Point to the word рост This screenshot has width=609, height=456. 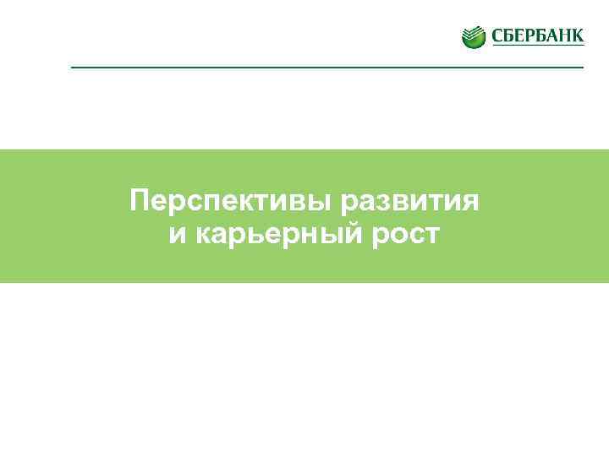(409, 234)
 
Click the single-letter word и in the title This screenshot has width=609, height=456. (177, 234)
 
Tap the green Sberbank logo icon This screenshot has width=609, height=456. (474, 36)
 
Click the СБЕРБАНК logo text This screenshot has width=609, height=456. (535, 36)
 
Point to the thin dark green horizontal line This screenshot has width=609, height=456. (327, 67)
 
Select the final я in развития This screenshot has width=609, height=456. (470, 202)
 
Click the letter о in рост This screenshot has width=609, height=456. (400, 234)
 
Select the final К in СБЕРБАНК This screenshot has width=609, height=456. (577, 36)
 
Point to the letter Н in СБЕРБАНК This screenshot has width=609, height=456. (564, 36)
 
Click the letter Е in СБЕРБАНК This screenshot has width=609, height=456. (516, 36)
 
